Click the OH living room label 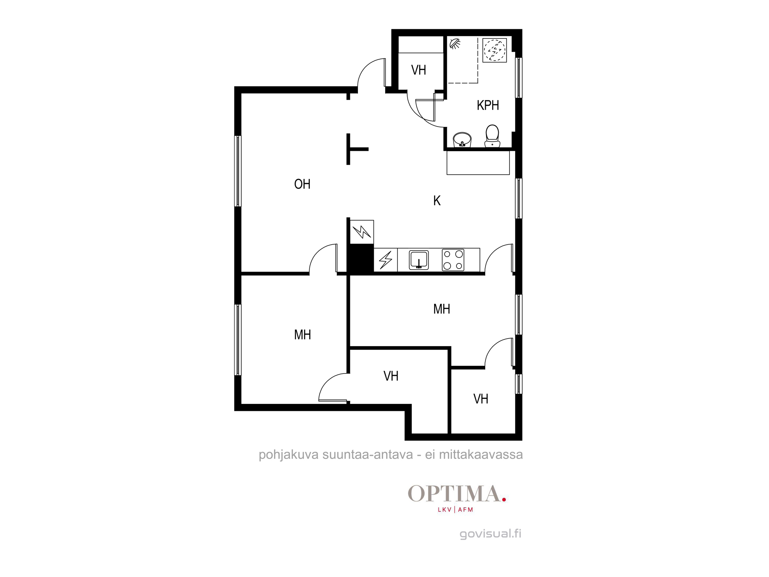[x=302, y=184]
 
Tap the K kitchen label [x=437, y=201]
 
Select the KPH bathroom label [x=488, y=105]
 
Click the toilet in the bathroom [x=492, y=136]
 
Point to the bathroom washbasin [x=462, y=140]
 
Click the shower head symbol [x=455, y=43]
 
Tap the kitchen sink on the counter [x=419, y=260]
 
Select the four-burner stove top [x=453, y=260]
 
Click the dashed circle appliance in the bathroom [x=494, y=50]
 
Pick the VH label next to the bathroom [x=419, y=70]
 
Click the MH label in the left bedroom [x=303, y=335]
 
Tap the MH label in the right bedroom [x=441, y=309]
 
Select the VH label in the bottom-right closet [x=481, y=399]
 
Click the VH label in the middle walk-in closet [x=391, y=376]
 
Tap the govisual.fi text [x=490, y=534]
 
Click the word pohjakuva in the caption [x=288, y=455]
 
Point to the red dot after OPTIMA [x=504, y=500]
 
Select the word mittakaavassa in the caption [x=481, y=455]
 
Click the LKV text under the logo [x=444, y=510]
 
